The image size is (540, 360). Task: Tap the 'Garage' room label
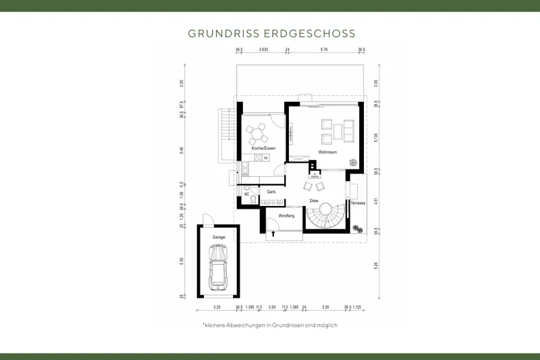point(219,238)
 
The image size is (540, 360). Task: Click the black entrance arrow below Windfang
point(273,234)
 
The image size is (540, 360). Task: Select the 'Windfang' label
point(286,215)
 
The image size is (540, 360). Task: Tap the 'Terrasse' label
point(358,203)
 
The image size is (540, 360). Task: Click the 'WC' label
point(247,193)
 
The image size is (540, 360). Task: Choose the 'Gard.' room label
point(272,192)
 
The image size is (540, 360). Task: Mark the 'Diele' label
point(314,201)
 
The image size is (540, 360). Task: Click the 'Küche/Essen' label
point(263,148)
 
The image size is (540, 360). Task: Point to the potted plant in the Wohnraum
point(352,161)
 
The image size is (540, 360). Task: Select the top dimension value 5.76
point(324,50)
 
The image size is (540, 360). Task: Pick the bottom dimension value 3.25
point(217,307)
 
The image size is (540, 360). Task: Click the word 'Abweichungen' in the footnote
point(250,326)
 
